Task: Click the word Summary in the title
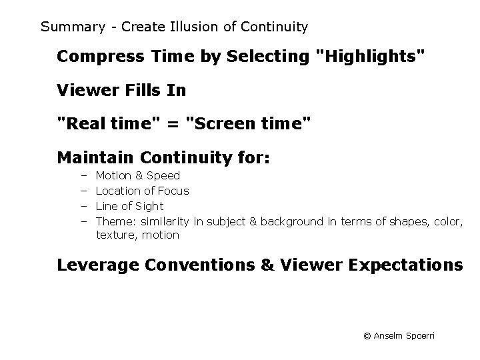click(72, 27)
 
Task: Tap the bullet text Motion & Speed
click(138, 176)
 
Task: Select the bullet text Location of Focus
click(142, 191)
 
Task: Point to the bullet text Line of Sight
click(129, 206)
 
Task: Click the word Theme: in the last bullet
click(116, 221)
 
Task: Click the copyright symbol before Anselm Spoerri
click(367, 336)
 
